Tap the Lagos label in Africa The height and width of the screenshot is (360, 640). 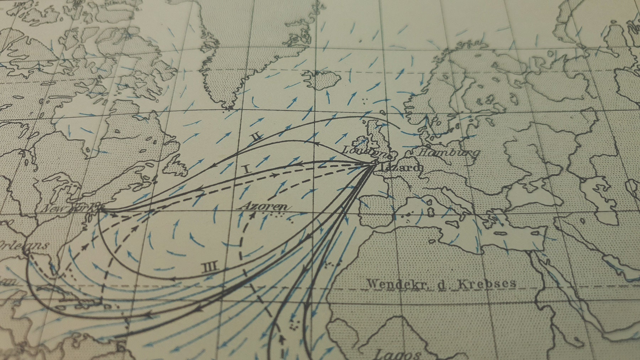click(399, 354)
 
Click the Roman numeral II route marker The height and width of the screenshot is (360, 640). click(257, 137)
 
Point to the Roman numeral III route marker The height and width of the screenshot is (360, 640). click(211, 267)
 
